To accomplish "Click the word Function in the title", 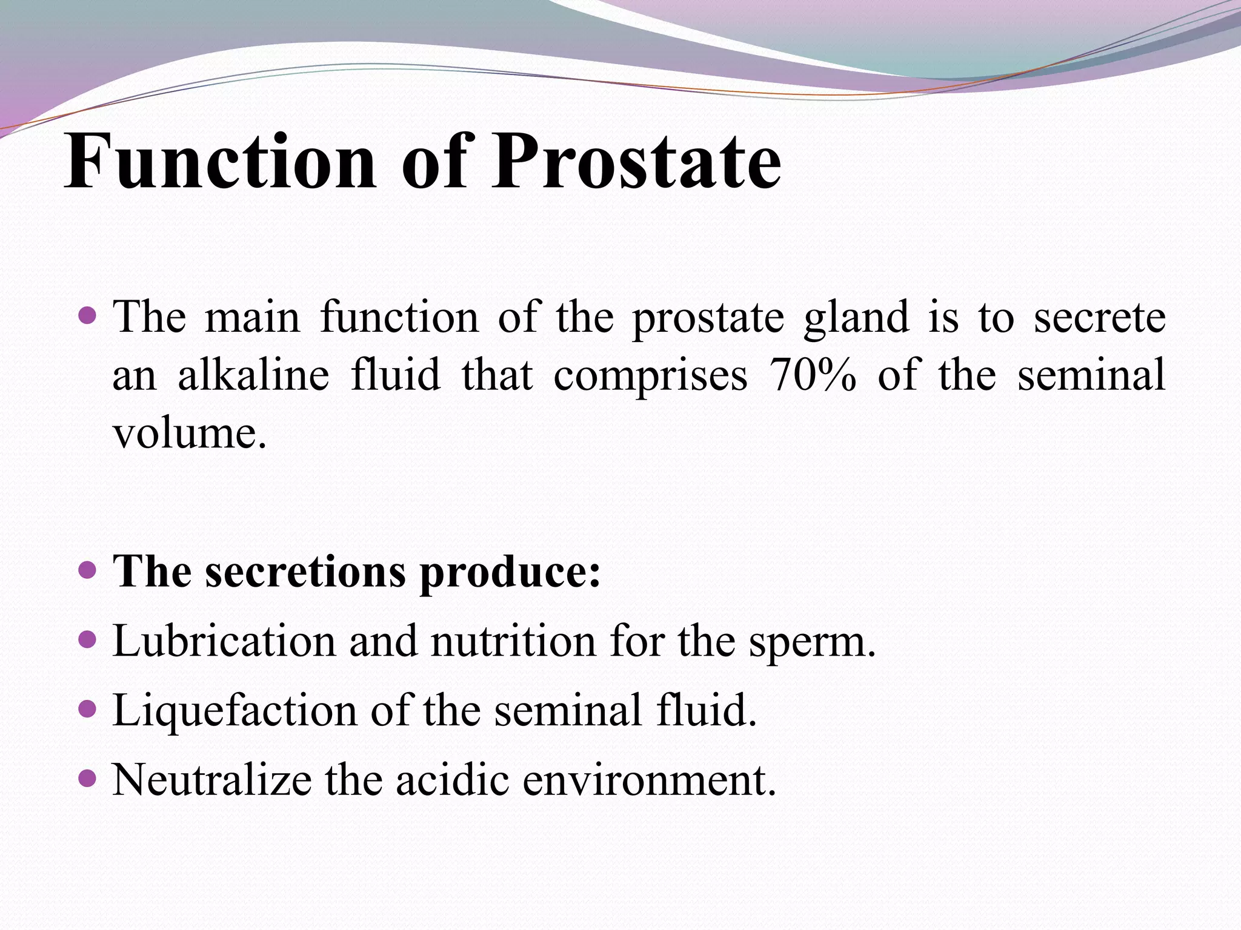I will (x=221, y=162).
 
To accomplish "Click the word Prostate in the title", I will (x=636, y=162).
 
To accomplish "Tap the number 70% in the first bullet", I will (x=812, y=375).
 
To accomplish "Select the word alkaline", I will (x=253, y=375).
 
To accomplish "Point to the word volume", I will (x=189, y=434).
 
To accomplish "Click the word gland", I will (x=856, y=317).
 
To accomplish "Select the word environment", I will (x=648, y=780).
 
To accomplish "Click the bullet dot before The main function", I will (x=88, y=315).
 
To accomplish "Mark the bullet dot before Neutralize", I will (x=88, y=777).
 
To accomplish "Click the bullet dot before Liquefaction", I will (x=88, y=708).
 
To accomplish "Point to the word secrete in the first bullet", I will (x=1099, y=317).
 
